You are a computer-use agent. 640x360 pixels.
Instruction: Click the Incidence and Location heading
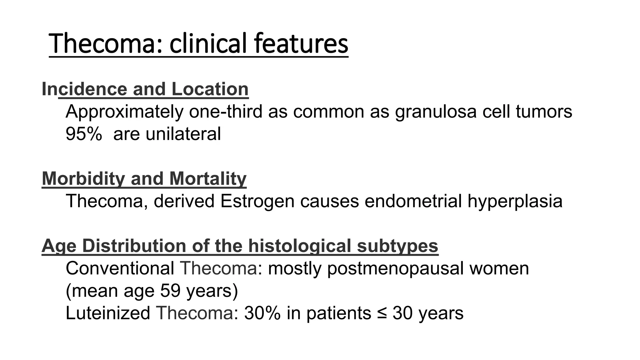(145, 89)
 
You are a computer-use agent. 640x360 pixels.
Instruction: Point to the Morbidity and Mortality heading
(144, 178)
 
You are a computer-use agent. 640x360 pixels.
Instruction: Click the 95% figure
(83, 134)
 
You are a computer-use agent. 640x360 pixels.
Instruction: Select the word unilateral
(183, 134)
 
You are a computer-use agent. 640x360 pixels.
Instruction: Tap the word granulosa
(436, 112)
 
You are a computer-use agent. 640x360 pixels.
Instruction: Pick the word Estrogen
(257, 201)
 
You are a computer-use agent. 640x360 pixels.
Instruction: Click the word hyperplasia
(515, 201)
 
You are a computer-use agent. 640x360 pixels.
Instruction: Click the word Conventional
(120, 268)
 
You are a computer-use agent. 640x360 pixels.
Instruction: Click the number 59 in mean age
(170, 291)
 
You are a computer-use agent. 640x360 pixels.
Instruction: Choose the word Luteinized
(108, 313)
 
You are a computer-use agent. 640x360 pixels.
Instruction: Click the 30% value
(262, 313)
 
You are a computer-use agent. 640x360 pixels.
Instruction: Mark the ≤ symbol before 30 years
(382, 313)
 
